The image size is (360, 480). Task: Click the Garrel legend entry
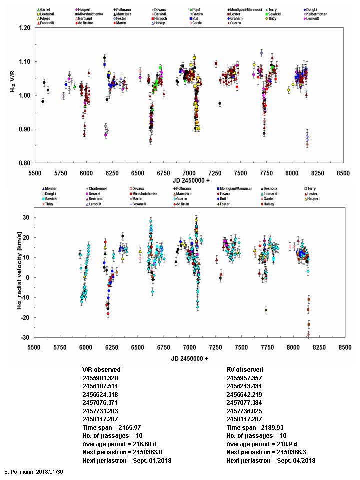click(47, 10)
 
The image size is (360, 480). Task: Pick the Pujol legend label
click(199, 10)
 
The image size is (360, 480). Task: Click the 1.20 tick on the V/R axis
click(23, 28)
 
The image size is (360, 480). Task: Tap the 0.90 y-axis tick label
click(23, 129)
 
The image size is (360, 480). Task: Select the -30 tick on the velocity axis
click(25, 338)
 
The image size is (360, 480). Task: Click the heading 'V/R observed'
click(101, 370)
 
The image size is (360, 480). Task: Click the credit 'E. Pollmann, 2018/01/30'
click(33, 471)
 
